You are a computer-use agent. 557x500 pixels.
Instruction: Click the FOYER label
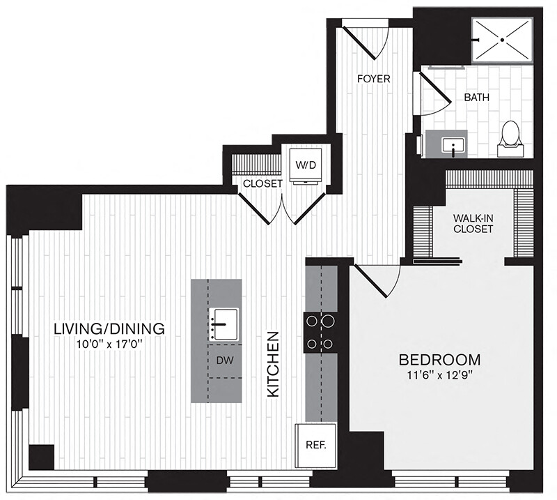[374, 79]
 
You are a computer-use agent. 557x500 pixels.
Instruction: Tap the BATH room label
[477, 97]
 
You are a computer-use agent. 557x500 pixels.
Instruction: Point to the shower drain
[502, 40]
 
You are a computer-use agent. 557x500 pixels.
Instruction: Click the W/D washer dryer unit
[306, 166]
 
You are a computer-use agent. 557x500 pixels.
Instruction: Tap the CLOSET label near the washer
[262, 183]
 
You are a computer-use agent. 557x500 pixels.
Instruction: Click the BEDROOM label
[440, 360]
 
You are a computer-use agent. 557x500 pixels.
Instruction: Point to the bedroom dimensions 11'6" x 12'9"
[440, 376]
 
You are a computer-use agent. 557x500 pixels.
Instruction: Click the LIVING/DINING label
[109, 329]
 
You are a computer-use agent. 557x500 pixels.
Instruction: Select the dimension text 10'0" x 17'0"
[109, 344]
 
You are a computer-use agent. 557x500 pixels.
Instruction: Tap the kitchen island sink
[223, 324]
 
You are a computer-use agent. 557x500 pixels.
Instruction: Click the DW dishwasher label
[225, 361]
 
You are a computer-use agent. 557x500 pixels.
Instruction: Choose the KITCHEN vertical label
[274, 365]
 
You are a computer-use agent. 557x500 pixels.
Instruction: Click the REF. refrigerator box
[316, 445]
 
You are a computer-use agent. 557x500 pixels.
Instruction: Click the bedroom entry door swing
[377, 280]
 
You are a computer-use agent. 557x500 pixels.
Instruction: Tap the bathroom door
[435, 93]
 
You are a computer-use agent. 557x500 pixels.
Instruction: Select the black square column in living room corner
[41, 457]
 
